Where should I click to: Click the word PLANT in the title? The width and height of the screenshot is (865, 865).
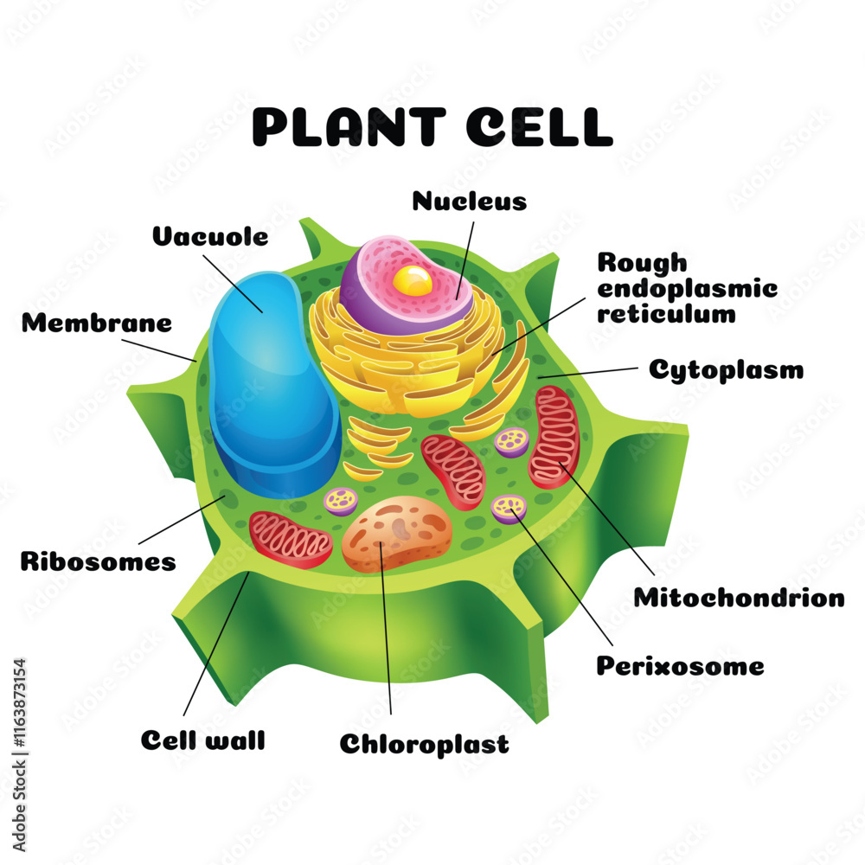pos(348,126)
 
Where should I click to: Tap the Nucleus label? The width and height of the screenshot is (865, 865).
pos(469,202)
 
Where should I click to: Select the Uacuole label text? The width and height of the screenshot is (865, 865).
pos(210,236)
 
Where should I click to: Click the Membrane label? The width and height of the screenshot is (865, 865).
pos(97,324)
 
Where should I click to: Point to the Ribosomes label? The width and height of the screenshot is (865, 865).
pos(98,561)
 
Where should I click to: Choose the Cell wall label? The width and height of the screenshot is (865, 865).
pos(202,740)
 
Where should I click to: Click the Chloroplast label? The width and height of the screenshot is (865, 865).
pos(424,744)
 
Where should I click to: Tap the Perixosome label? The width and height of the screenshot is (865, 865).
pos(681,666)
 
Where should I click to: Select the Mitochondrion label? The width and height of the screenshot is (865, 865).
pos(739,597)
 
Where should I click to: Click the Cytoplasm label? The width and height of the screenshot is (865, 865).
pos(727,370)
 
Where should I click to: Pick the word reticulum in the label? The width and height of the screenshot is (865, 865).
pos(666,313)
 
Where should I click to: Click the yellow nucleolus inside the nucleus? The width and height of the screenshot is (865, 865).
pos(413,280)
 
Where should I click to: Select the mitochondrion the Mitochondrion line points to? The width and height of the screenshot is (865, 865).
pos(554,437)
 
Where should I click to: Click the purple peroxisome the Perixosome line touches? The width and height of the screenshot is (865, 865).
pos(509,508)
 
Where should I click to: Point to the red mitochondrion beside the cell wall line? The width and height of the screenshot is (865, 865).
pos(290,539)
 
